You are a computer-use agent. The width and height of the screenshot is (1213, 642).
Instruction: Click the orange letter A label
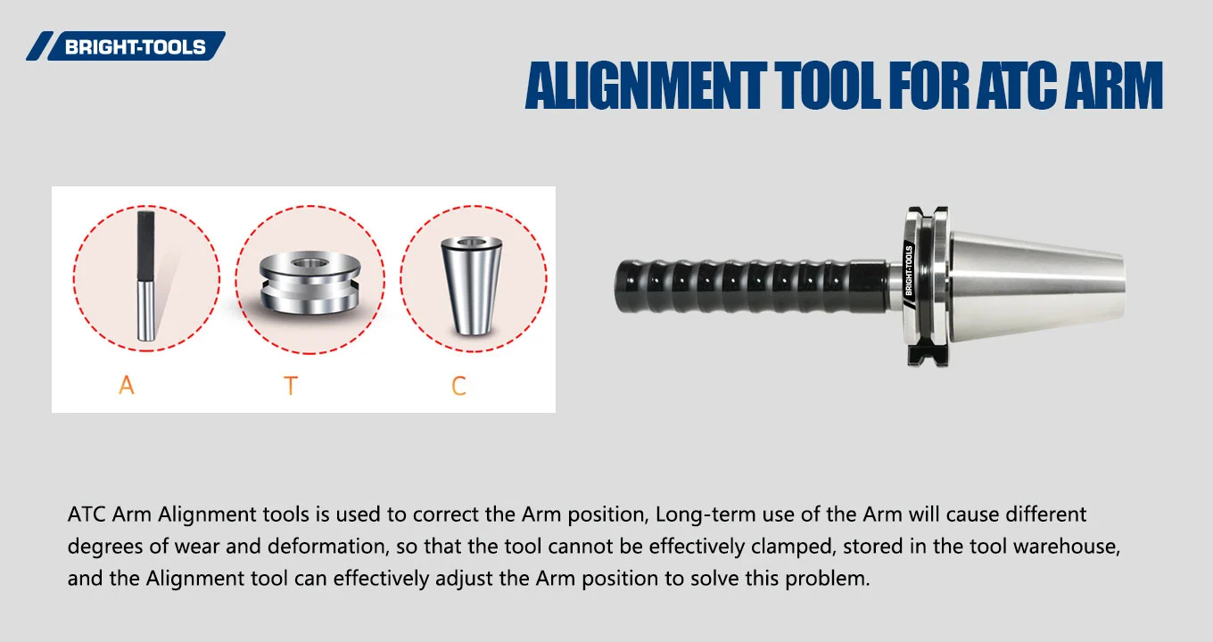[x=127, y=386]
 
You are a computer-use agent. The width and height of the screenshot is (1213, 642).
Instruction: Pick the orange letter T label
[x=290, y=386]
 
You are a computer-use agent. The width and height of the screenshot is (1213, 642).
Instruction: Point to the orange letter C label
[x=458, y=386]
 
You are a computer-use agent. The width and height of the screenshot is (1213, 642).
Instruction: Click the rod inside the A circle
[x=145, y=276]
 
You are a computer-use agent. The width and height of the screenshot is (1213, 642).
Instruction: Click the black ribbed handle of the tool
[x=740, y=286]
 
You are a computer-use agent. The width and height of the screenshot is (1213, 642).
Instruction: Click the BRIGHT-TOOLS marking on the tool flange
[x=909, y=270]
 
